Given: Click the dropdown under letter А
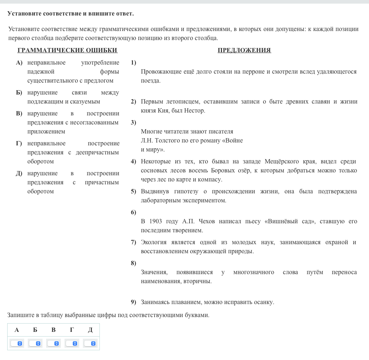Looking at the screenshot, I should [x=17, y=343].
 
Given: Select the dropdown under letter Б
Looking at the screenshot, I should [x=35, y=343].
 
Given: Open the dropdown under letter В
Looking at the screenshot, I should [x=53, y=343].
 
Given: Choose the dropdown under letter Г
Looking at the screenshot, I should [x=72, y=343].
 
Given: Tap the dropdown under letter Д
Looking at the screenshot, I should [x=90, y=343].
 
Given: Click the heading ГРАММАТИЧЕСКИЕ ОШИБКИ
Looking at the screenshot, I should [x=67, y=51].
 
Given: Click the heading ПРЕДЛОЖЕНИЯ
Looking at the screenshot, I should [x=244, y=51].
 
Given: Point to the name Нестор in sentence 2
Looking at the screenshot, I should [x=195, y=111].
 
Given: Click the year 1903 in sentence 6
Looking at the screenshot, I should [x=155, y=221].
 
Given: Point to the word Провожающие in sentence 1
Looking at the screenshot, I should [x=161, y=72].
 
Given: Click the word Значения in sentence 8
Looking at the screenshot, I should [x=154, y=272].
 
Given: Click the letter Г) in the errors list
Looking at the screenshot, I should [x=19, y=144].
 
